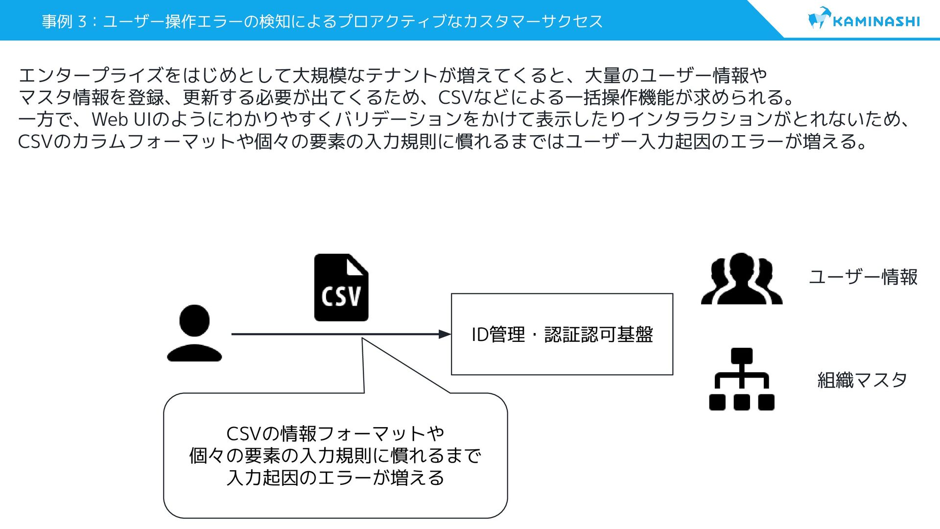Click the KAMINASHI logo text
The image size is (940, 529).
(876, 22)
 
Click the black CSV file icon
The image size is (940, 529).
(341, 288)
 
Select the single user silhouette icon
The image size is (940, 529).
(194, 333)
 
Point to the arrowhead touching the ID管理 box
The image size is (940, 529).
(445, 334)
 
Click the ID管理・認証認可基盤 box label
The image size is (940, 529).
(562, 335)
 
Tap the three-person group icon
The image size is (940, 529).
(741, 279)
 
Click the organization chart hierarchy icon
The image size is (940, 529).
(742, 379)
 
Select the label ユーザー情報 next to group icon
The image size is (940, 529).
(863, 277)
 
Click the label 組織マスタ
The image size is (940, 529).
(862, 380)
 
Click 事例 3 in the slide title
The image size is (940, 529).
(64, 22)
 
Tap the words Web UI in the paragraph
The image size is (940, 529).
(122, 120)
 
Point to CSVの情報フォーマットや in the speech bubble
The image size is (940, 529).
(335, 434)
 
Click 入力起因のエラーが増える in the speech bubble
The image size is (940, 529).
(335, 478)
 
